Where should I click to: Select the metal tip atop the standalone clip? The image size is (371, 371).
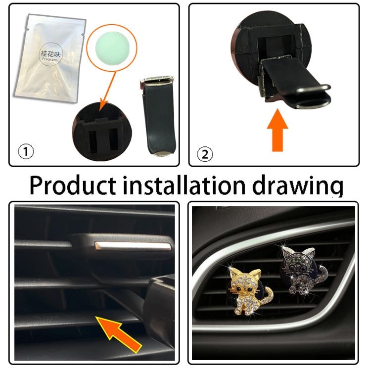[157, 80]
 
